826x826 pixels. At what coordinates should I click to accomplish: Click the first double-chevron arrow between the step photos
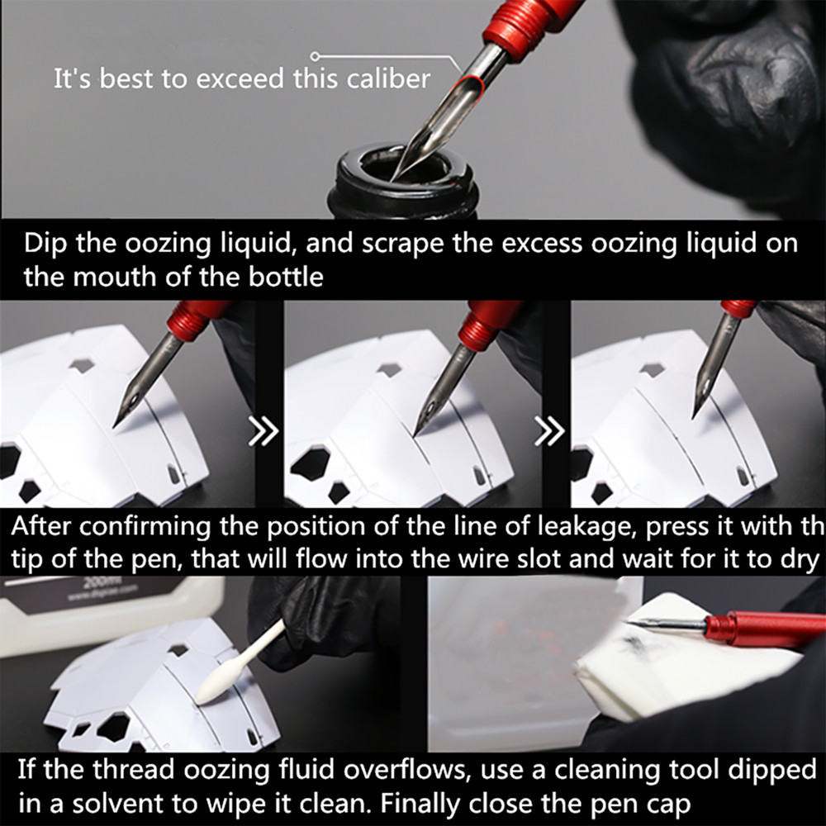263,431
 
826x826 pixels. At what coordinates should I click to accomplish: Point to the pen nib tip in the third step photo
696,413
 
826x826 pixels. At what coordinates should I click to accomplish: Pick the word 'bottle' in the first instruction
286,276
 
